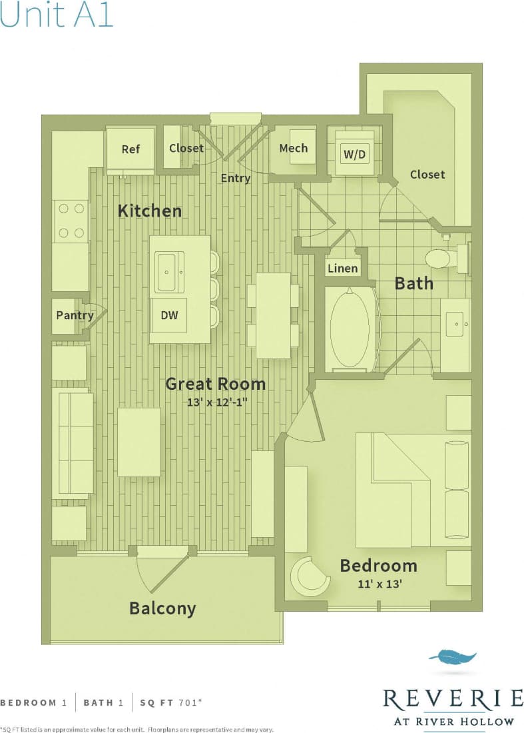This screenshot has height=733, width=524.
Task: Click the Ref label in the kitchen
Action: point(131,149)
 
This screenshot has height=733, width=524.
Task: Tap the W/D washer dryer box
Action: point(355,155)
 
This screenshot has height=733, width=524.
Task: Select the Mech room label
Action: point(294,148)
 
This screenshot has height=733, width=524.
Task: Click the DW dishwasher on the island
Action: point(169,315)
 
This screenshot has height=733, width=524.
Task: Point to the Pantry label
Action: point(74,315)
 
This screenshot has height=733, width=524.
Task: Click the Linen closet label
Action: point(343,269)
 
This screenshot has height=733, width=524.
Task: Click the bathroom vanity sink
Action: point(455,327)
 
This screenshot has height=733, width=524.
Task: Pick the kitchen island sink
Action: point(170,272)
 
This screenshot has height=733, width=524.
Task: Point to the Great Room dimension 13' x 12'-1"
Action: point(215,402)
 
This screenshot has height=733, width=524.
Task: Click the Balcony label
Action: point(162,608)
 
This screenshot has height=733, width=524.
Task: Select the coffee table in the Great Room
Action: point(139,442)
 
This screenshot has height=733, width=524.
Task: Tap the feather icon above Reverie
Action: point(453,658)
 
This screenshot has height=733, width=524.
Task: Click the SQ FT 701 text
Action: point(167,702)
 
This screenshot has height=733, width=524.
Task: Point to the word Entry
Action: point(236,178)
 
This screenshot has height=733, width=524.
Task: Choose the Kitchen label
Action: point(150,211)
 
